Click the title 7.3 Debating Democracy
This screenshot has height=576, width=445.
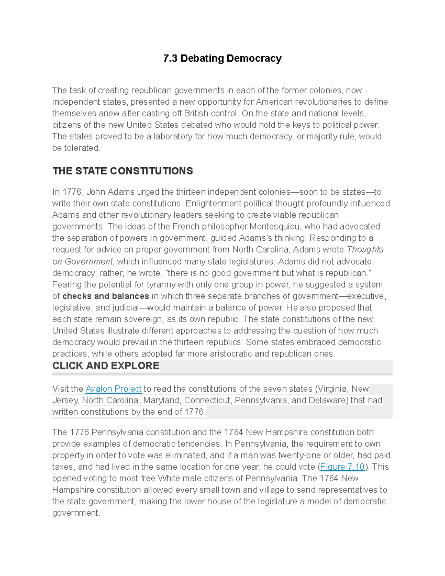coord(222,59)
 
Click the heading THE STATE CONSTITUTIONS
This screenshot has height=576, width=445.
coord(123,171)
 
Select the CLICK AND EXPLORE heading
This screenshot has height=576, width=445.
coord(106,366)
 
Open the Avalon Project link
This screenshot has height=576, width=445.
coord(113,389)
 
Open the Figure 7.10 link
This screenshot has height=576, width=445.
coord(342,467)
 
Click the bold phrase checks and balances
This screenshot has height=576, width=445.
coord(106,296)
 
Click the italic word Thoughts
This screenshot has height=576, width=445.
coord(365,250)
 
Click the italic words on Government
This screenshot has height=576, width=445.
coord(82,261)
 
